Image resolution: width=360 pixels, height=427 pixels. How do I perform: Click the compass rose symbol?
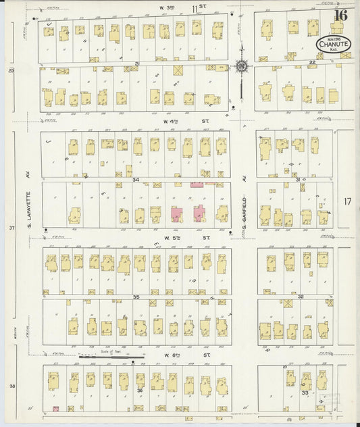pos(242,67)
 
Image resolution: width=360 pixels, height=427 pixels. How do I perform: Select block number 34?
pos(136,180)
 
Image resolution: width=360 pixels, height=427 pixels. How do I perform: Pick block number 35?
pos(136,297)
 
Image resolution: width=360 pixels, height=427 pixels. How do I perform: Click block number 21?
pos(136,64)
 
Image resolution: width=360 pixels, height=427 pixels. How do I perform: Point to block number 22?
pos(313,62)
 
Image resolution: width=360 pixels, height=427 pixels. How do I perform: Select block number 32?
pos(302,297)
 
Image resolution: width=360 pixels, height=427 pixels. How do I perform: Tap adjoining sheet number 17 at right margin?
pos(347,202)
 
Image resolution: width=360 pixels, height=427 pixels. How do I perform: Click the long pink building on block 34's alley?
pos(197,184)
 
